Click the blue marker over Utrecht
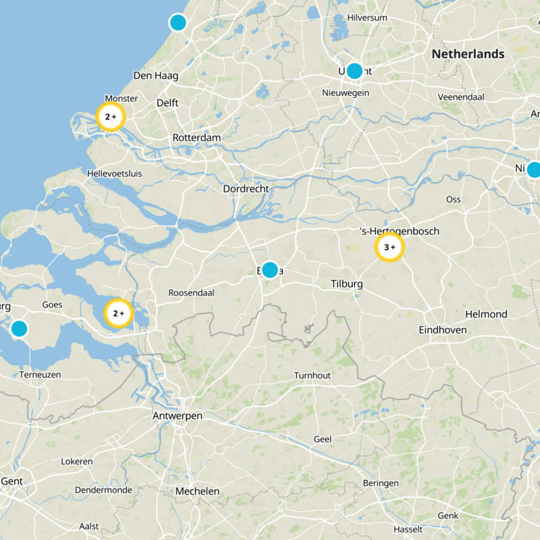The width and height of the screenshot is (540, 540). click(x=354, y=71)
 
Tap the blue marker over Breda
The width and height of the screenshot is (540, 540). click(x=270, y=270)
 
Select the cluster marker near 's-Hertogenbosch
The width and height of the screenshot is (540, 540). click(x=389, y=248)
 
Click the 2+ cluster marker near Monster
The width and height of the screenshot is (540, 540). click(x=111, y=117)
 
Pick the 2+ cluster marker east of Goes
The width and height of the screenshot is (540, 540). click(x=118, y=313)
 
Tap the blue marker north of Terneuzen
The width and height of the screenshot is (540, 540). click(x=19, y=329)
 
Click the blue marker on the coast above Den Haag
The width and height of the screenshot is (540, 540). click(x=178, y=22)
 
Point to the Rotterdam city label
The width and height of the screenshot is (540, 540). click(x=196, y=138)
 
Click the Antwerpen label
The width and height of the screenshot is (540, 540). click(x=177, y=416)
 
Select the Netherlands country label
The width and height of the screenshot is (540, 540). click(x=468, y=54)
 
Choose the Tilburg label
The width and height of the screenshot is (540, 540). click(x=346, y=284)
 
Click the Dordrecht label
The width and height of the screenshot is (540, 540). click(x=246, y=189)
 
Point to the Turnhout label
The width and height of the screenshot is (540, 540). click(x=313, y=375)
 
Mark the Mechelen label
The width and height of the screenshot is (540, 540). click(x=197, y=491)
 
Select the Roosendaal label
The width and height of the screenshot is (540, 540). click(x=191, y=293)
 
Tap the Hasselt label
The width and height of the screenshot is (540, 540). click(x=408, y=529)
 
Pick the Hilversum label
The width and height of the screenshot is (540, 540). click(x=367, y=18)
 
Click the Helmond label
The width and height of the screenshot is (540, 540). click(x=486, y=315)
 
